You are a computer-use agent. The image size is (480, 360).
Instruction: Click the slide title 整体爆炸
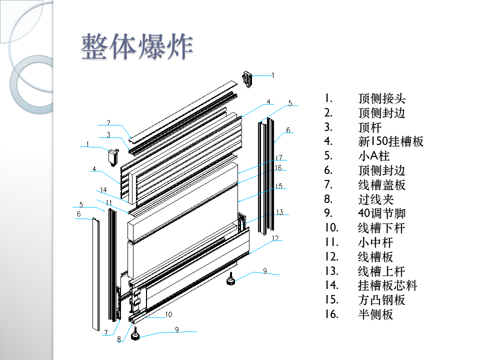click(x=137, y=47)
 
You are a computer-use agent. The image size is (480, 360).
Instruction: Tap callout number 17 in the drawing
click(x=279, y=157)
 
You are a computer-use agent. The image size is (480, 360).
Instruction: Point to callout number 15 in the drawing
click(x=278, y=186)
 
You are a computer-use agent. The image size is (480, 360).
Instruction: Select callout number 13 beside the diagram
click(x=279, y=212)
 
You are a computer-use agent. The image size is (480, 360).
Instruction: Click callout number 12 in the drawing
click(x=275, y=238)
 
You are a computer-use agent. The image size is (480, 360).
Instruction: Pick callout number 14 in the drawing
click(x=103, y=190)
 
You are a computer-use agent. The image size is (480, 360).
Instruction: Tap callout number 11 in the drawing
click(x=108, y=202)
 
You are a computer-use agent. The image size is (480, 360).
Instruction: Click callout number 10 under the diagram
click(x=168, y=314)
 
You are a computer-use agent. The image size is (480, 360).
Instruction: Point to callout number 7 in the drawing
click(x=105, y=332)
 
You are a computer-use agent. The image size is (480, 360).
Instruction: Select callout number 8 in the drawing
click(x=118, y=339)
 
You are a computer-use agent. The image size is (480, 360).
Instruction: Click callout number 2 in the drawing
click(x=107, y=122)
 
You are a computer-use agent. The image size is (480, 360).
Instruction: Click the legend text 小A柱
click(x=373, y=156)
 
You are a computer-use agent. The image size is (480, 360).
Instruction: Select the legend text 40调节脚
click(x=381, y=213)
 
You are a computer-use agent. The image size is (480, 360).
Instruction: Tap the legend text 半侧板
click(x=375, y=314)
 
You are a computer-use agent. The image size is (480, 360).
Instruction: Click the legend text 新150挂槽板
click(x=390, y=141)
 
